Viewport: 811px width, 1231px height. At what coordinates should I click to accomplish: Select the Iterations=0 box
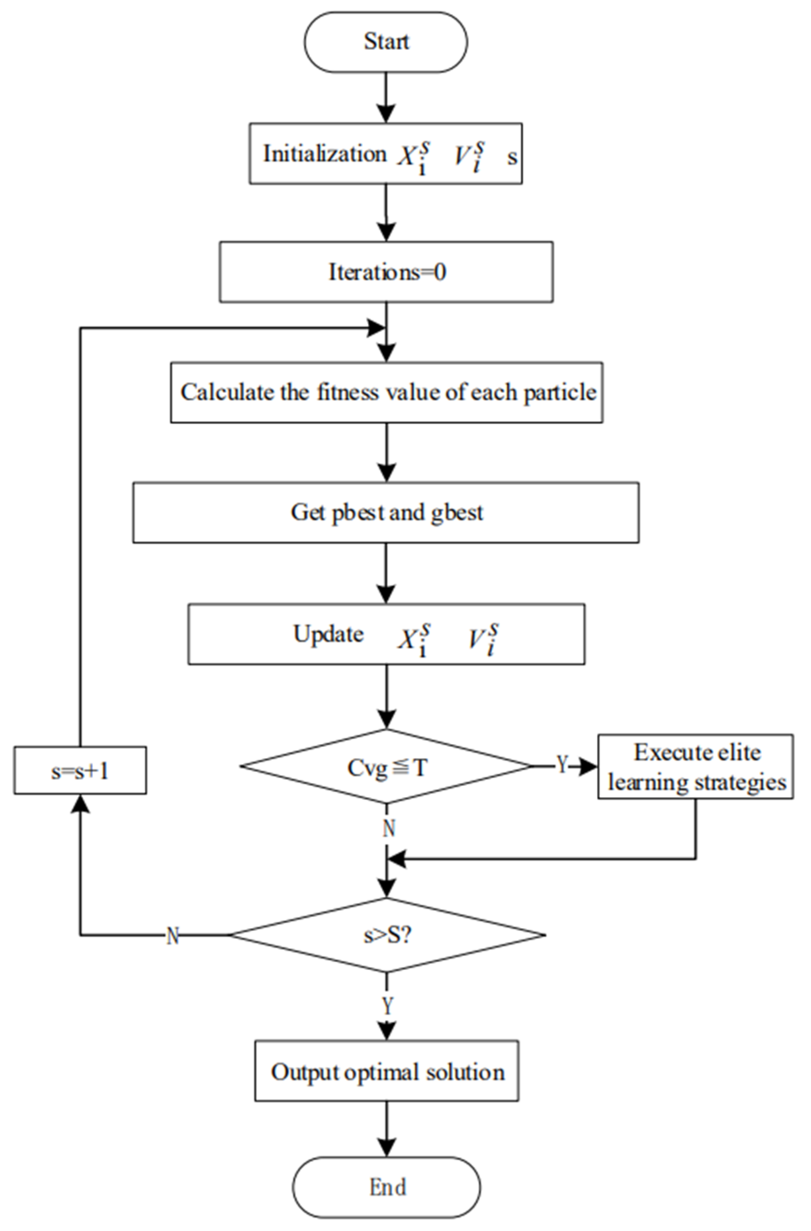click(x=386, y=272)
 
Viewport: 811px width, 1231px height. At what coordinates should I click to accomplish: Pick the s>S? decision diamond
click(x=387, y=935)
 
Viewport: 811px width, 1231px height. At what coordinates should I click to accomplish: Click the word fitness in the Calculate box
click(x=347, y=392)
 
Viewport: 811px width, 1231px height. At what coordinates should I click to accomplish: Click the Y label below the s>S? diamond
click(x=387, y=1005)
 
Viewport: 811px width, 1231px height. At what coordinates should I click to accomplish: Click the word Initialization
click(x=324, y=154)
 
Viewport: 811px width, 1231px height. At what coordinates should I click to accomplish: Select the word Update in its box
click(x=328, y=634)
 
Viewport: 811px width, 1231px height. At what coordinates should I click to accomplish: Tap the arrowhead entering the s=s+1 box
click(x=80, y=803)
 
